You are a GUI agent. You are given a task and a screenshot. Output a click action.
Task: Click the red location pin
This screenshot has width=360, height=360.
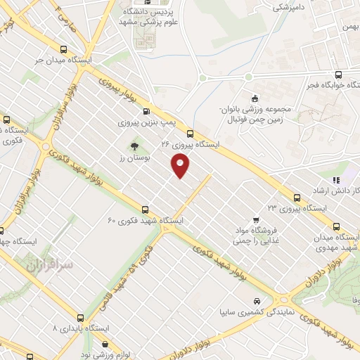click(181, 166)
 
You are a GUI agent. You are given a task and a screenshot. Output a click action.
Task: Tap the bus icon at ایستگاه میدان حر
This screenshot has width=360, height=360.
click(65, 50)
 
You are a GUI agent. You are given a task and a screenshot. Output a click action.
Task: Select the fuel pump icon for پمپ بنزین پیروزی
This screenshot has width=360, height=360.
click(146, 111)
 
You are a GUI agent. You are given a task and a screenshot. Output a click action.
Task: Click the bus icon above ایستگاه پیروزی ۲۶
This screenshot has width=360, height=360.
click(191, 133)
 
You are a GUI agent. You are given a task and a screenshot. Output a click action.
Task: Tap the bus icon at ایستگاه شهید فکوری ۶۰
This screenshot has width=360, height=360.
click(146, 209)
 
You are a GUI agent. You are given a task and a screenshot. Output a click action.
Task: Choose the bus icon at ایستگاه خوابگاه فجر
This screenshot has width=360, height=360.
click(339, 75)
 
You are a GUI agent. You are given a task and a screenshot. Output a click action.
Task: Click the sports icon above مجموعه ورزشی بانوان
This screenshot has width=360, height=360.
click(254, 98)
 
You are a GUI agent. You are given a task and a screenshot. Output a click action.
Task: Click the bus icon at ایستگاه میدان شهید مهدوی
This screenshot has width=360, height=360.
click(335, 226)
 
